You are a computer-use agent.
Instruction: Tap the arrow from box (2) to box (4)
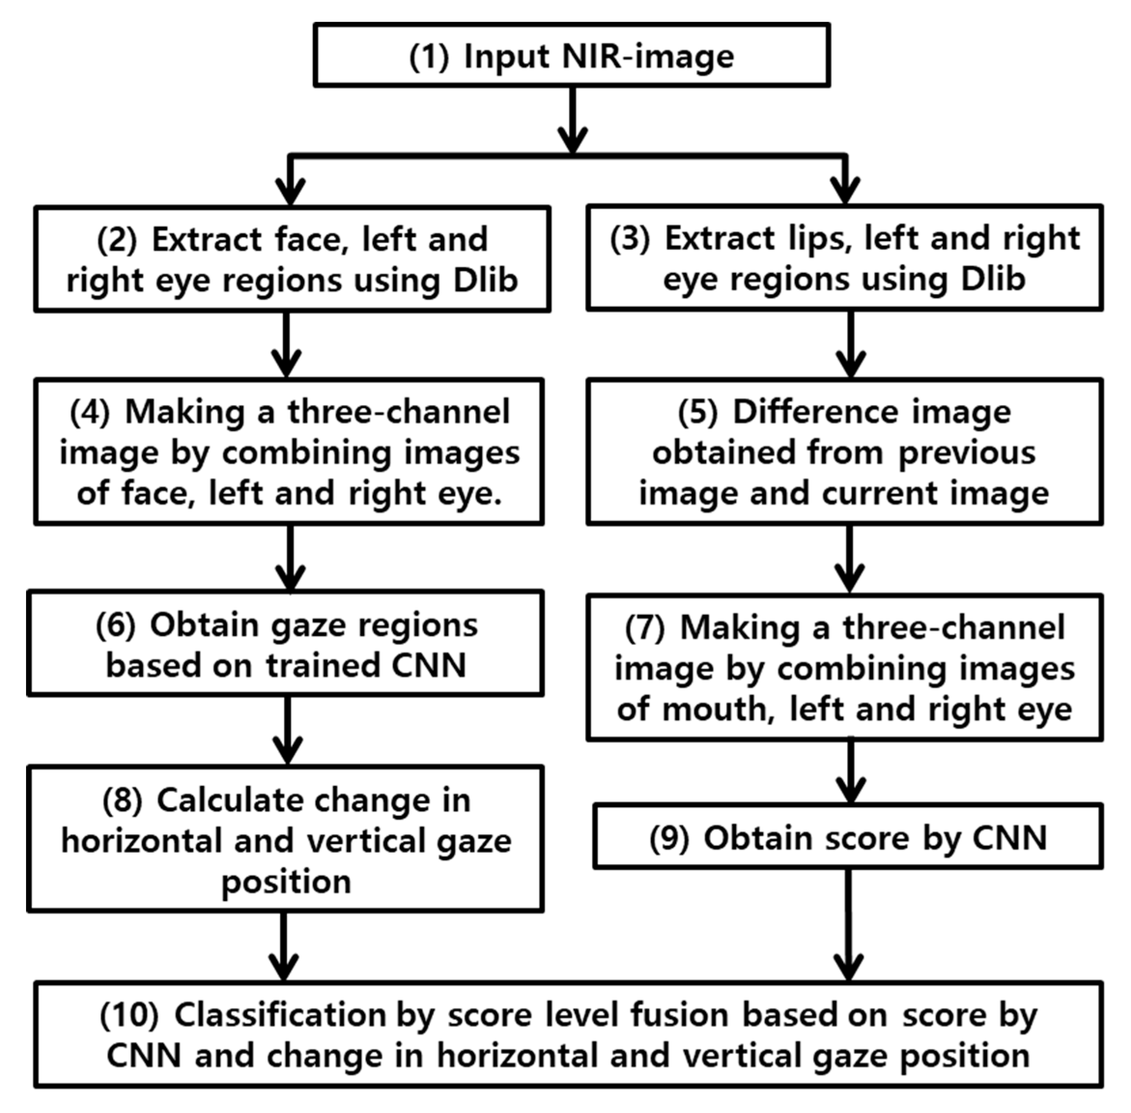[x=286, y=345]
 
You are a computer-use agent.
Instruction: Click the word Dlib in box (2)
[x=486, y=281]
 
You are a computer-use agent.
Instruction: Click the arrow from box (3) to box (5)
[x=851, y=345]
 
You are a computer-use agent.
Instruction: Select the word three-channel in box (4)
[x=398, y=412]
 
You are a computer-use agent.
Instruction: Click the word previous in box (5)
[x=967, y=453]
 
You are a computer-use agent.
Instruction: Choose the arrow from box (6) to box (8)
[x=287, y=731]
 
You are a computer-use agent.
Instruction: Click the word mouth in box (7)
[x=714, y=710]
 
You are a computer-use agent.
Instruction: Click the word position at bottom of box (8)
[x=286, y=882]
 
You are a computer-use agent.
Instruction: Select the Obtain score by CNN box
[x=848, y=838]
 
